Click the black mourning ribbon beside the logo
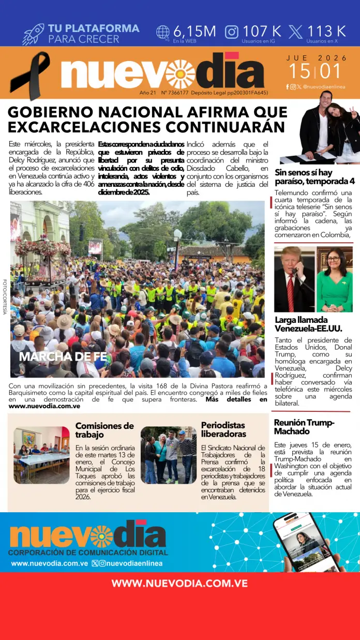coord(31,75)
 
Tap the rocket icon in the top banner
coord(33,34)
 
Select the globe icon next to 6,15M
coord(163,32)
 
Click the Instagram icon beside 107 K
coord(232,32)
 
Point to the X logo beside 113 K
coord(295,32)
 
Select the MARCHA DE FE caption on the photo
coord(63,356)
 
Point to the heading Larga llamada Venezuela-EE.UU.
coord(308,324)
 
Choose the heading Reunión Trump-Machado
coord(304,427)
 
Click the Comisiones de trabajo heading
coord(104,430)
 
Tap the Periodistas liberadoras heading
coord(223,429)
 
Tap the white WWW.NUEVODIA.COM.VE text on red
coord(179,583)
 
